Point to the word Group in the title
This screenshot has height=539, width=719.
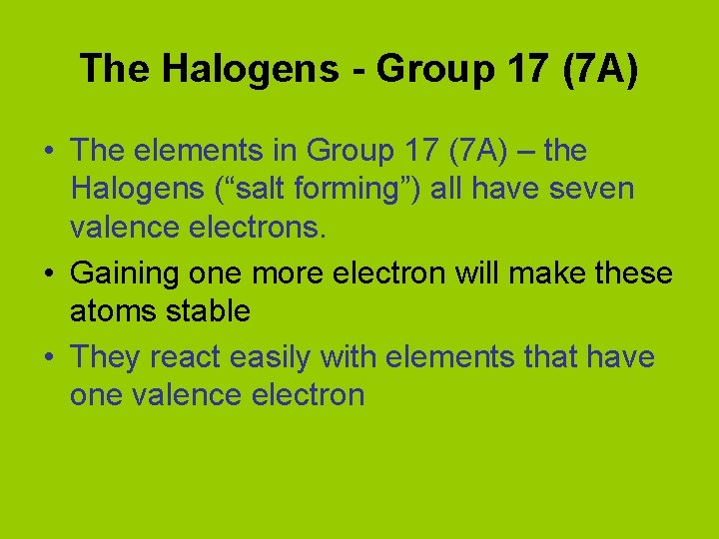[x=429, y=69]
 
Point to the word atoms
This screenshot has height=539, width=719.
[x=106, y=311]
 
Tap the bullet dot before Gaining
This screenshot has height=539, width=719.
[x=49, y=271]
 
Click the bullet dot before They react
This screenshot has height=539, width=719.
[x=49, y=355]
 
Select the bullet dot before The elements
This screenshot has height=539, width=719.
[x=49, y=152]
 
